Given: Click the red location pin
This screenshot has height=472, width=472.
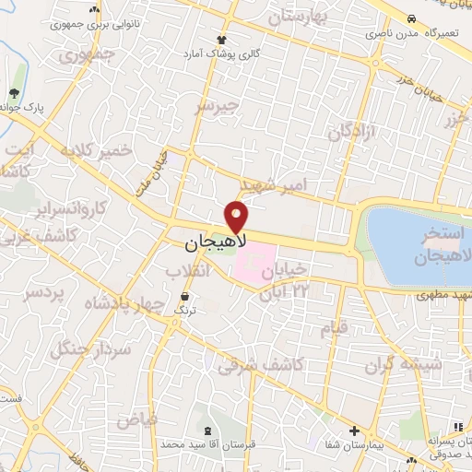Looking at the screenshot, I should pyautogui.click(x=238, y=217).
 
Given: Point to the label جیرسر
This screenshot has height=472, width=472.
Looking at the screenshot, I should pyautogui.click(x=217, y=106).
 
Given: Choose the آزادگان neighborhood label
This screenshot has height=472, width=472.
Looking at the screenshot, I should pyautogui.click(x=353, y=130).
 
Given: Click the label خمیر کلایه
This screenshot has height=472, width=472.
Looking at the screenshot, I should pyautogui.click(x=95, y=150).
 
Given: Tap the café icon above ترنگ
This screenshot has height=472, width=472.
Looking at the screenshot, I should pyautogui.click(x=186, y=297).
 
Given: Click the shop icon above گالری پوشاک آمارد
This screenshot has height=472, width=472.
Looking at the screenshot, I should pyautogui.click(x=221, y=39).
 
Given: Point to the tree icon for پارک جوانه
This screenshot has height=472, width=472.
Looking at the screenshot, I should pyautogui.click(x=14, y=93).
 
